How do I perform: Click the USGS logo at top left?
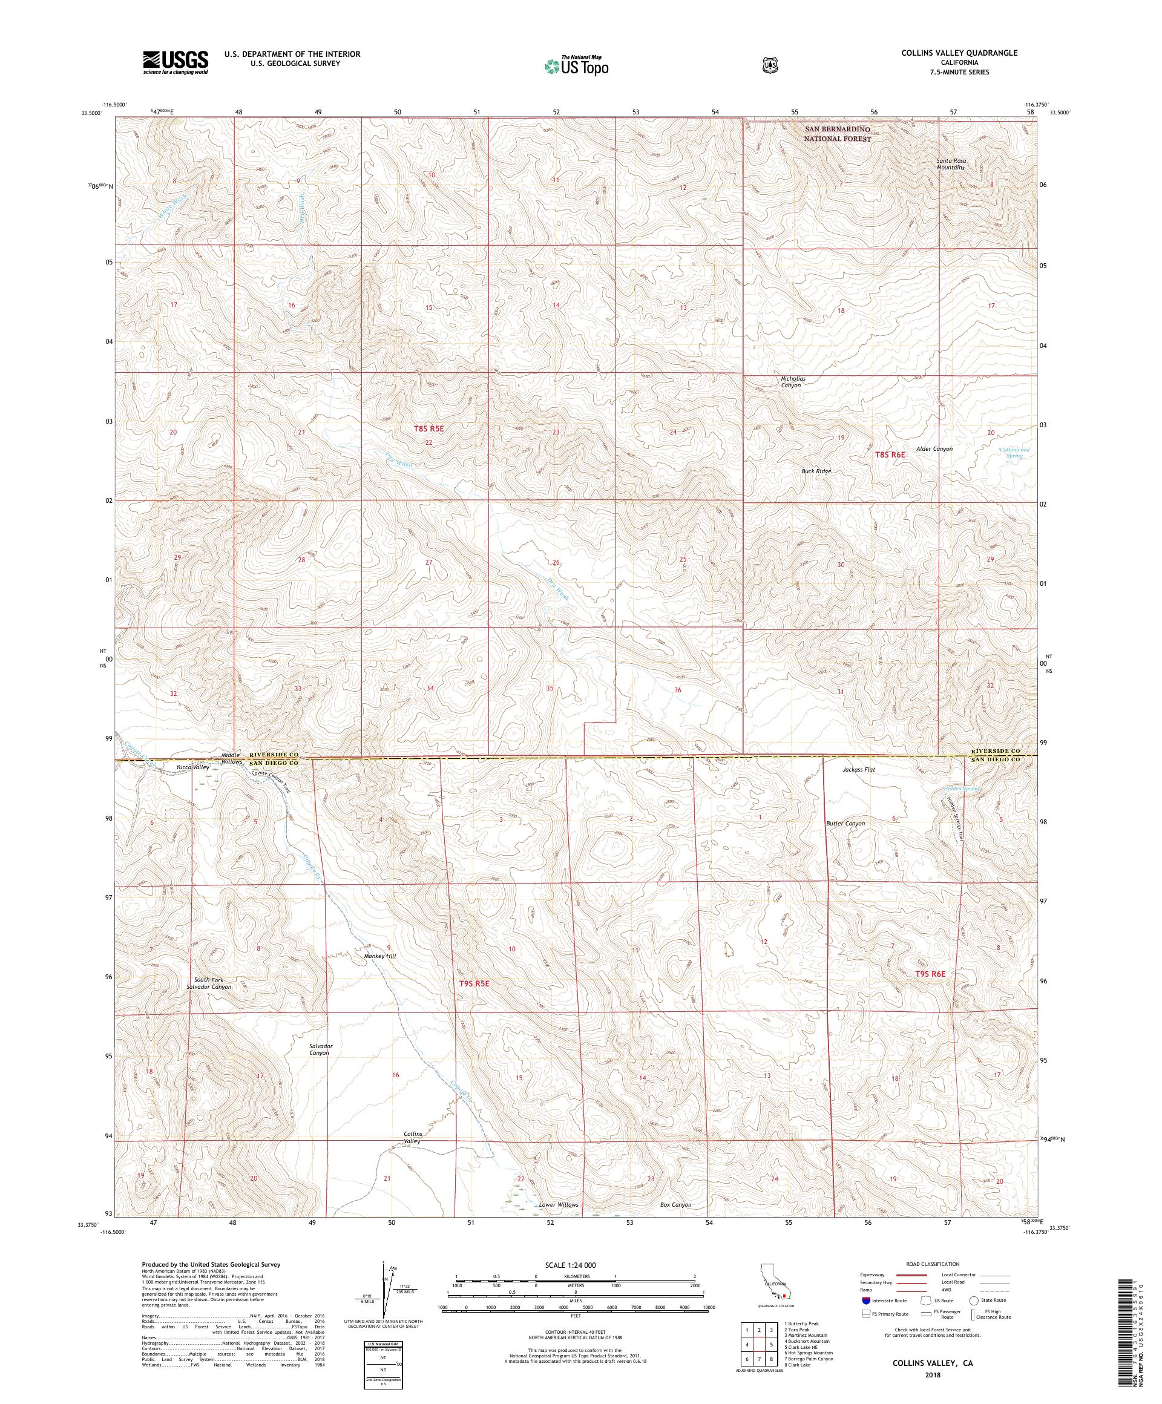pyautogui.click(x=175, y=62)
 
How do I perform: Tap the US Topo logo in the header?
pyautogui.click(x=576, y=65)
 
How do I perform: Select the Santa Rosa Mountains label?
pyautogui.click(x=950, y=164)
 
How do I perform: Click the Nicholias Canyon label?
pyautogui.click(x=793, y=382)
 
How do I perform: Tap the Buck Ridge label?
pyautogui.click(x=816, y=471)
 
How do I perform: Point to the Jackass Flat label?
pyautogui.click(x=858, y=770)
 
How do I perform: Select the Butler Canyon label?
pyautogui.click(x=845, y=824)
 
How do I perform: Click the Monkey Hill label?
pyautogui.click(x=379, y=957)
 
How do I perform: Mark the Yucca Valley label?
pyautogui.click(x=192, y=767)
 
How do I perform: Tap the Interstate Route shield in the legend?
pyautogui.click(x=867, y=1302)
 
